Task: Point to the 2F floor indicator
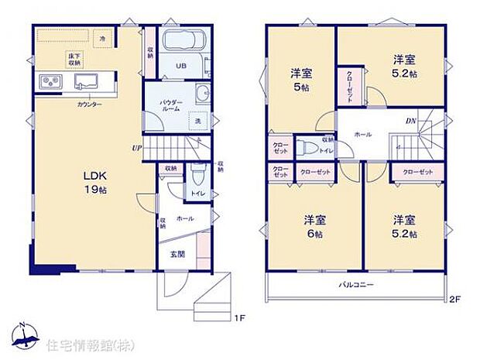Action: tap(454, 298)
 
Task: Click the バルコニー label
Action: tap(355, 284)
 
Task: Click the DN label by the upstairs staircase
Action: tap(411, 121)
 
